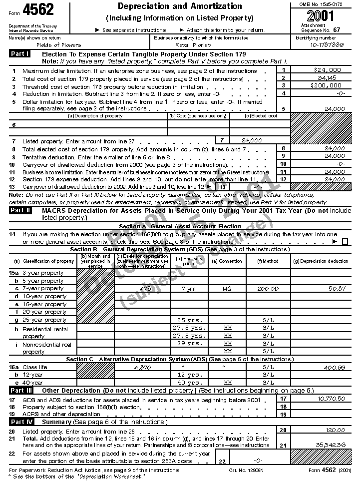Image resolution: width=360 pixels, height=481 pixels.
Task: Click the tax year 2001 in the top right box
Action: click(322, 15)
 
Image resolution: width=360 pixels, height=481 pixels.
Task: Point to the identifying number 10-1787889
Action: click(326, 45)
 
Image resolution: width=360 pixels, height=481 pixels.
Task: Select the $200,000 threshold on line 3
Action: click(326, 85)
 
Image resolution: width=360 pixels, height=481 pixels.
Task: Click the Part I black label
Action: click(20, 53)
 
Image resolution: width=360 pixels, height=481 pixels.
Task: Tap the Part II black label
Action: click(21, 210)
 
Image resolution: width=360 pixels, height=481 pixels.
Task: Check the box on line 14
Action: click(345, 242)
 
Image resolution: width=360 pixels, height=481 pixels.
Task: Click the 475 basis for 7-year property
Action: click(146, 289)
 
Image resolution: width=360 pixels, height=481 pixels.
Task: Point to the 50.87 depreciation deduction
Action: click(337, 289)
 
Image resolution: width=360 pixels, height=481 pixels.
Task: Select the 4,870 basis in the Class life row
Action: click(142, 367)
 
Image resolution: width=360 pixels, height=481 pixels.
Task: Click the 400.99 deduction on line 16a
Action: click(335, 367)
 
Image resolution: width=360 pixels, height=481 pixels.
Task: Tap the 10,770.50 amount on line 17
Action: click(331, 399)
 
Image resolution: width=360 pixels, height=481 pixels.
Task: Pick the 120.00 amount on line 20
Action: click(335, 430)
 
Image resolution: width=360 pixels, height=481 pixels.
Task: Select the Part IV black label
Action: click(21, 422)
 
